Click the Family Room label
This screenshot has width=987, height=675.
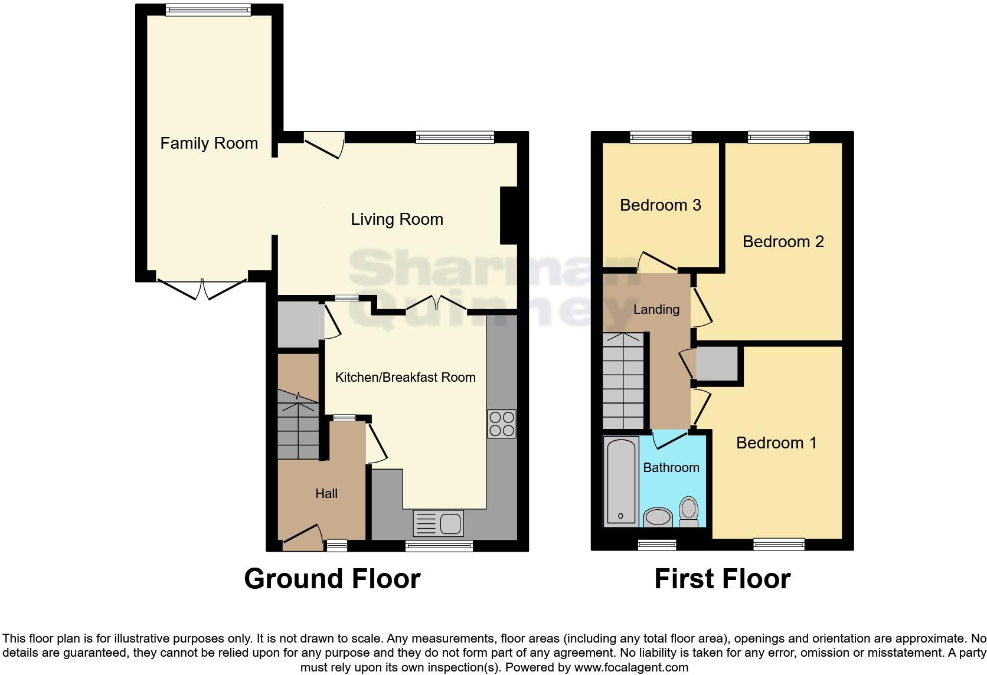click(x=209, y=143)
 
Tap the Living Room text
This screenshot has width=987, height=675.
click(x=397, y=219)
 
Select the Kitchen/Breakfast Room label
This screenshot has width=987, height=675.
click(x=405, y=378)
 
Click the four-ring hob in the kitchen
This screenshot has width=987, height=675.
click(x=502, y=424)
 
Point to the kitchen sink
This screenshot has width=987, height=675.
click(x=439, y=523)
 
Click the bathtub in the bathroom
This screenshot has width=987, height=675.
click(x=621, y=481)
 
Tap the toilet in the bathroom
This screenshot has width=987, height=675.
click(x=689, y=510)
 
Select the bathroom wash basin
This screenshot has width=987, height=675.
click(x=657, y=517)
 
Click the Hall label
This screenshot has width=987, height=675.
click(x=326, y=494)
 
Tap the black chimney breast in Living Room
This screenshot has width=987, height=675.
click(x=508, y=215)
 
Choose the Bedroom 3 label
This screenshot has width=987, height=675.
click(x=660, y=205)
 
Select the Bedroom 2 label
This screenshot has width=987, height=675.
click(x=783, y=242)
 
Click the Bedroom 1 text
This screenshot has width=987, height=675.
click(x=776, y=443)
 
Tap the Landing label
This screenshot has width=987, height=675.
click(x=656, y=310)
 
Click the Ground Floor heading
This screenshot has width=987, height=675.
click(x=332, y=579)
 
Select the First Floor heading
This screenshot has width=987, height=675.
click(x=722, y=579)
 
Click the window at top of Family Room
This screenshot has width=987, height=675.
click(x=208, y=9)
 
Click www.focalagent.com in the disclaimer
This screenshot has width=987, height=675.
click(x=630, y=668)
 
